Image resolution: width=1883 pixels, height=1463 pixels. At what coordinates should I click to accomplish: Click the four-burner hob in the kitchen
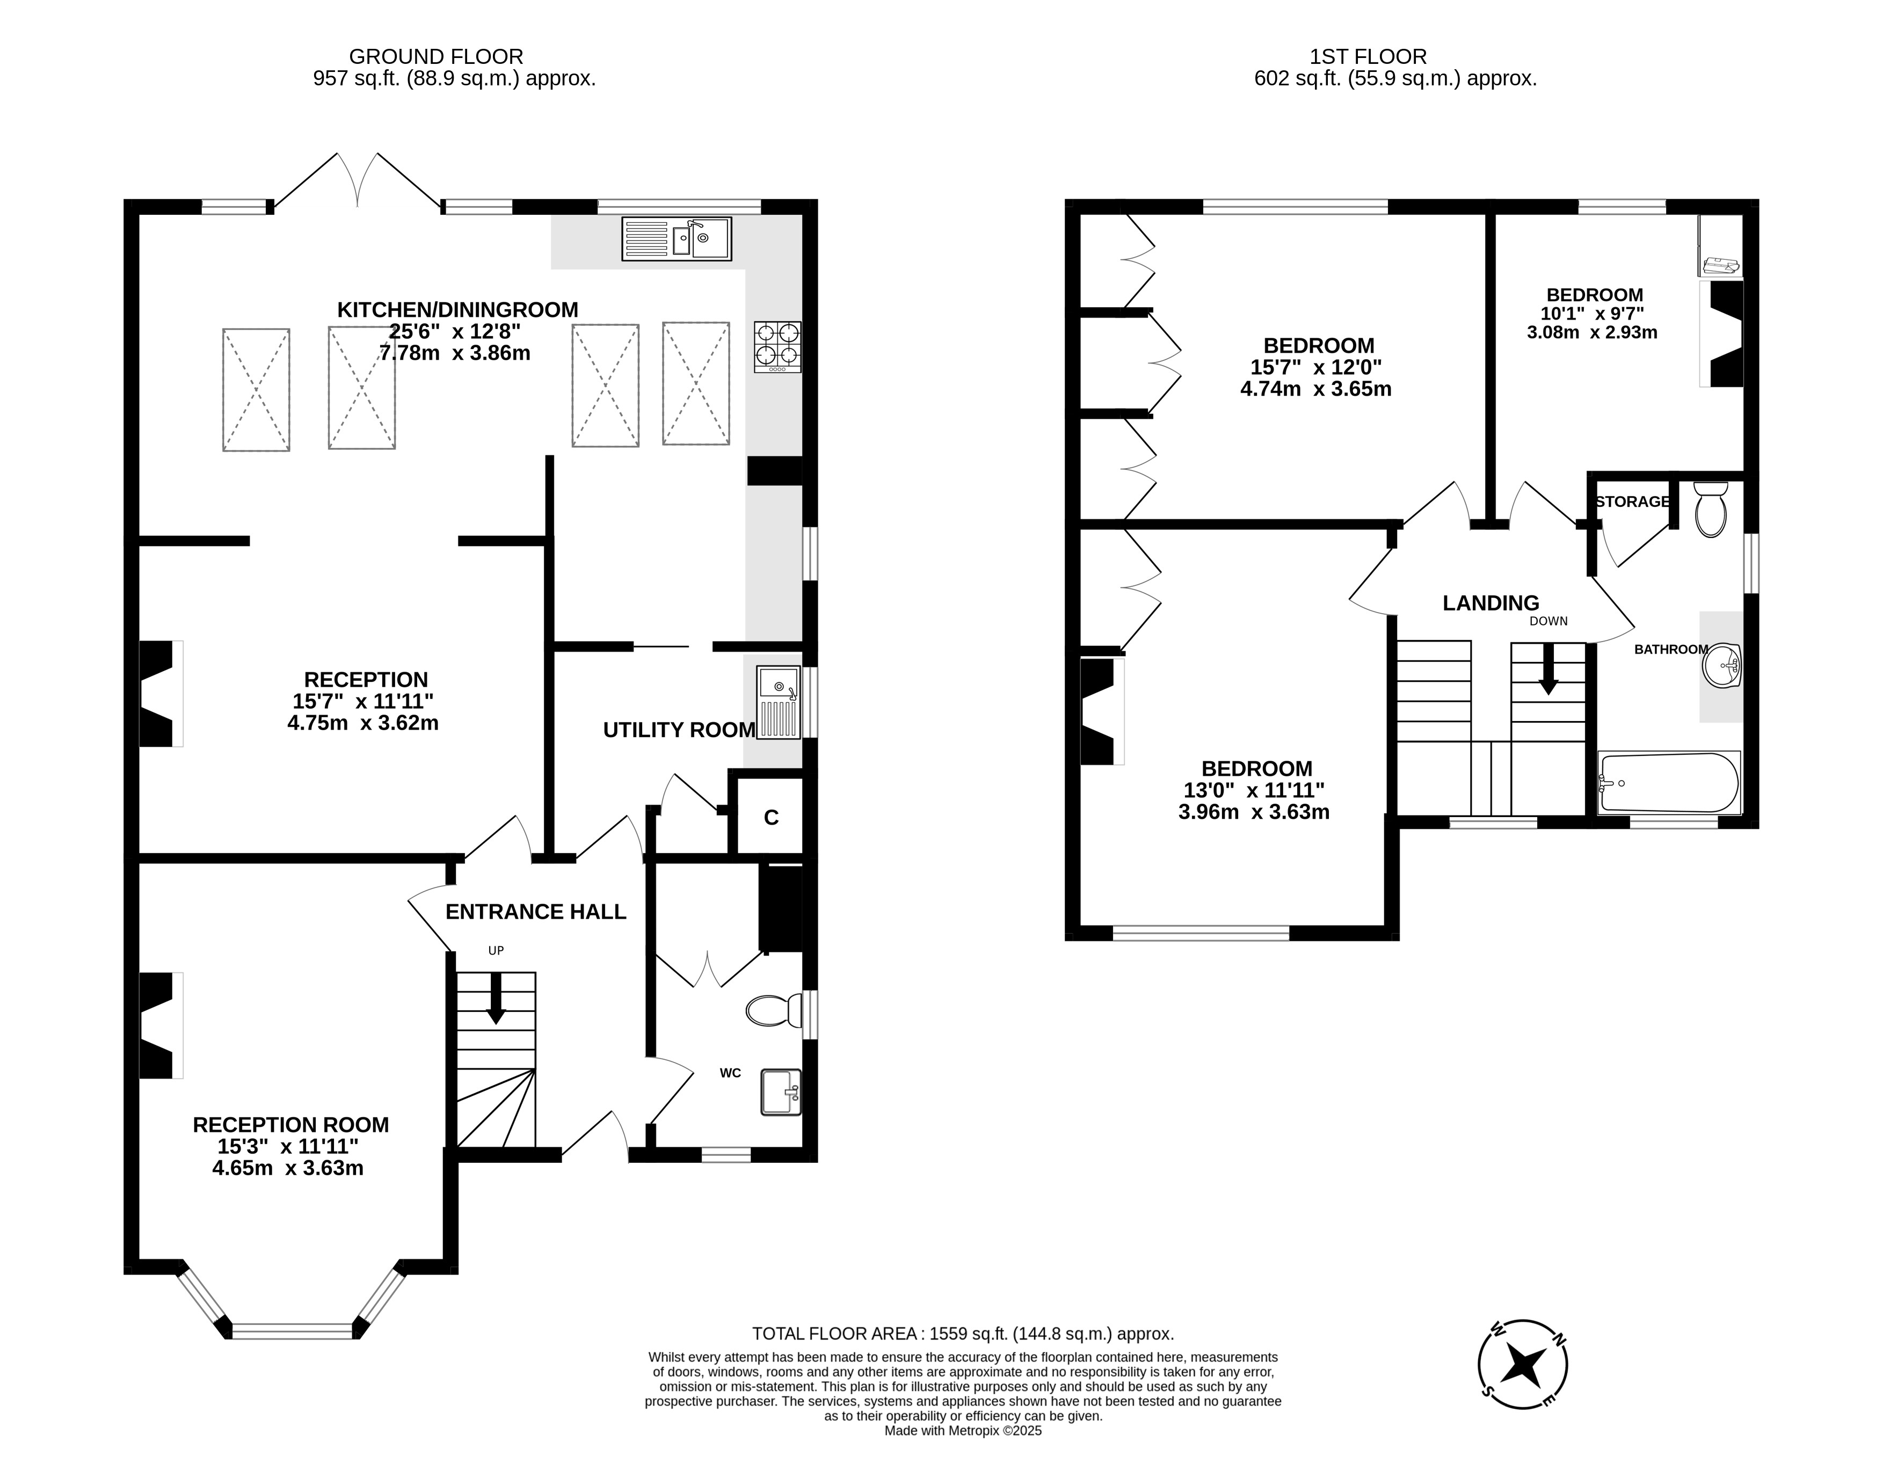[777, 347]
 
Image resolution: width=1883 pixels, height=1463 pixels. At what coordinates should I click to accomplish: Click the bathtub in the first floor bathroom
[1669, 783]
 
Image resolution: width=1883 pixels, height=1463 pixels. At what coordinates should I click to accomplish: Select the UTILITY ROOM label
[679, 730]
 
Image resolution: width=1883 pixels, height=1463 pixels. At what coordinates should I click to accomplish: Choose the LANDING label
[1491, 602]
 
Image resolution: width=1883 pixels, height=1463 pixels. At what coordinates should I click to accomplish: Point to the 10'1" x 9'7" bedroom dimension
[1593, 314]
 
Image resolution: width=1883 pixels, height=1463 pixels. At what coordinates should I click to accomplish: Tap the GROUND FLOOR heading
[437, 57]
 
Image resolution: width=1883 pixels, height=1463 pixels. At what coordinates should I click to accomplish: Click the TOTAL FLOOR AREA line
[963, 1334]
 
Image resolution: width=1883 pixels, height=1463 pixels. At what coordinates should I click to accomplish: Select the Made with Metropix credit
[963, 1430]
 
